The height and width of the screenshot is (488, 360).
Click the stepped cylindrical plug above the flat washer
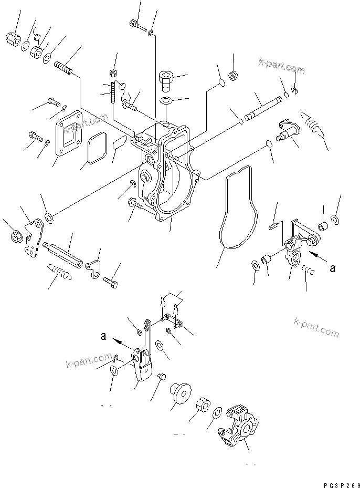[x=164, y=80]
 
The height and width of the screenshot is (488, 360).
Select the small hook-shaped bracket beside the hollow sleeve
[x=94, y=268]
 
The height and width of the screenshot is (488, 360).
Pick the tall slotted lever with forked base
[x=143, y=357]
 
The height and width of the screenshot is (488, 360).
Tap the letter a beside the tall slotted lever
[x=104, y=337]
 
